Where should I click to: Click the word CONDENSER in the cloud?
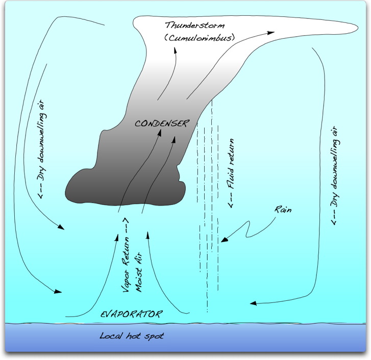[x=162, y=123]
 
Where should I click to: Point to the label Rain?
[x=284, y=210]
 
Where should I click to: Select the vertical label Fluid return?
[x=231, y=173]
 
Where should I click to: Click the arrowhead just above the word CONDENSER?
[x=160, y=131]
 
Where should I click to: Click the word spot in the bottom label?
[x=149, y=336]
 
